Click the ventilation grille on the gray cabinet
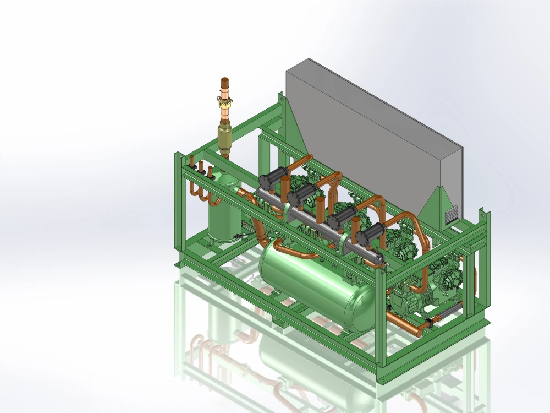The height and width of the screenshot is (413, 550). (450, 214)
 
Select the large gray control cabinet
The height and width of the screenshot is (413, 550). (374, 138)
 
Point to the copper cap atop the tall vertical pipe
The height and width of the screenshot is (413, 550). (226, 83)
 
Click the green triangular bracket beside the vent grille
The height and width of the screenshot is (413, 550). (432, 206)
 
